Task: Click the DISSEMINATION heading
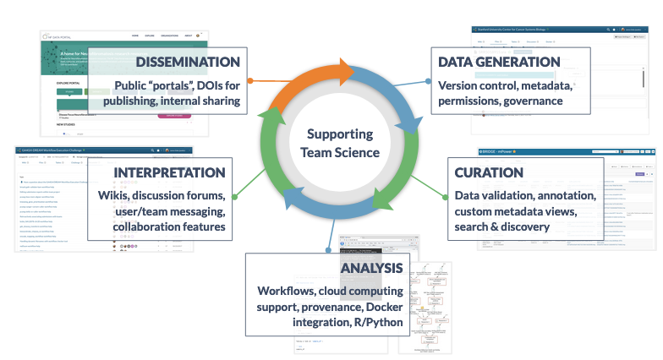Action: (187, 62)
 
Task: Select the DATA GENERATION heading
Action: (499, 62)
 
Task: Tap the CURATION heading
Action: (489, 172)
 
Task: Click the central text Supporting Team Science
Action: (339, 144)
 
